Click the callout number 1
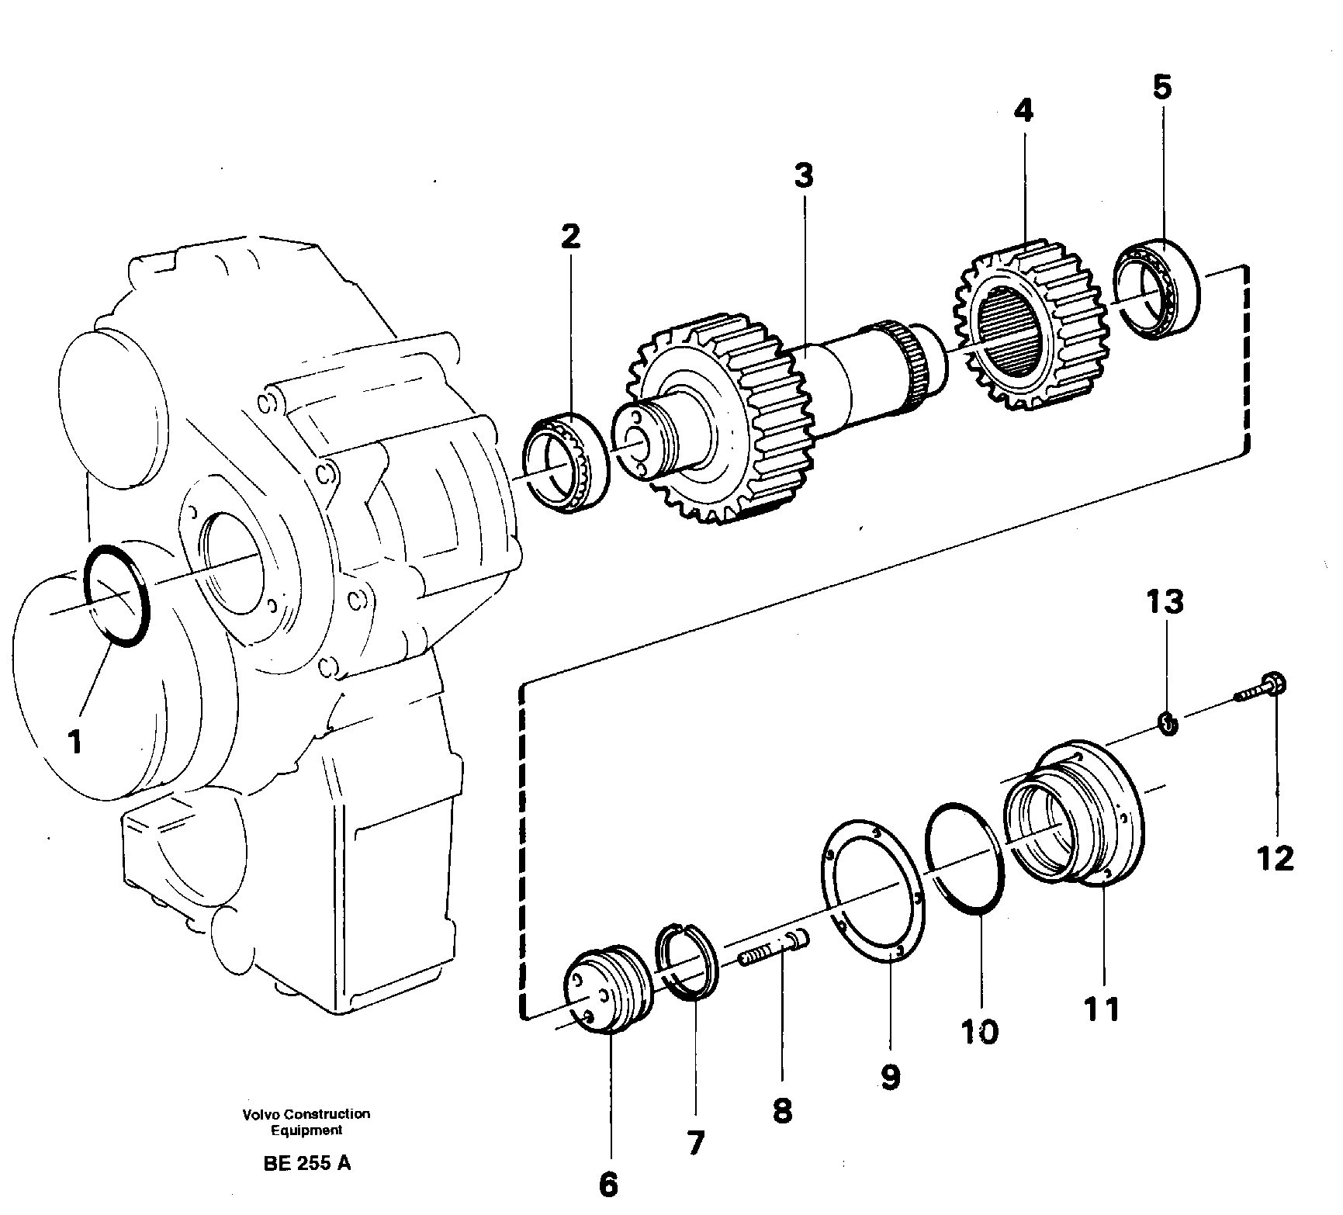[74, 742]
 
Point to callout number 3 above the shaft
[804, 176]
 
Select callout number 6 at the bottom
[608, 1184]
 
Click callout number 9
[890, 1076]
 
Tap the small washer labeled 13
[1168, 724]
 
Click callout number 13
[1165, 601]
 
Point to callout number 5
[1161, 87]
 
